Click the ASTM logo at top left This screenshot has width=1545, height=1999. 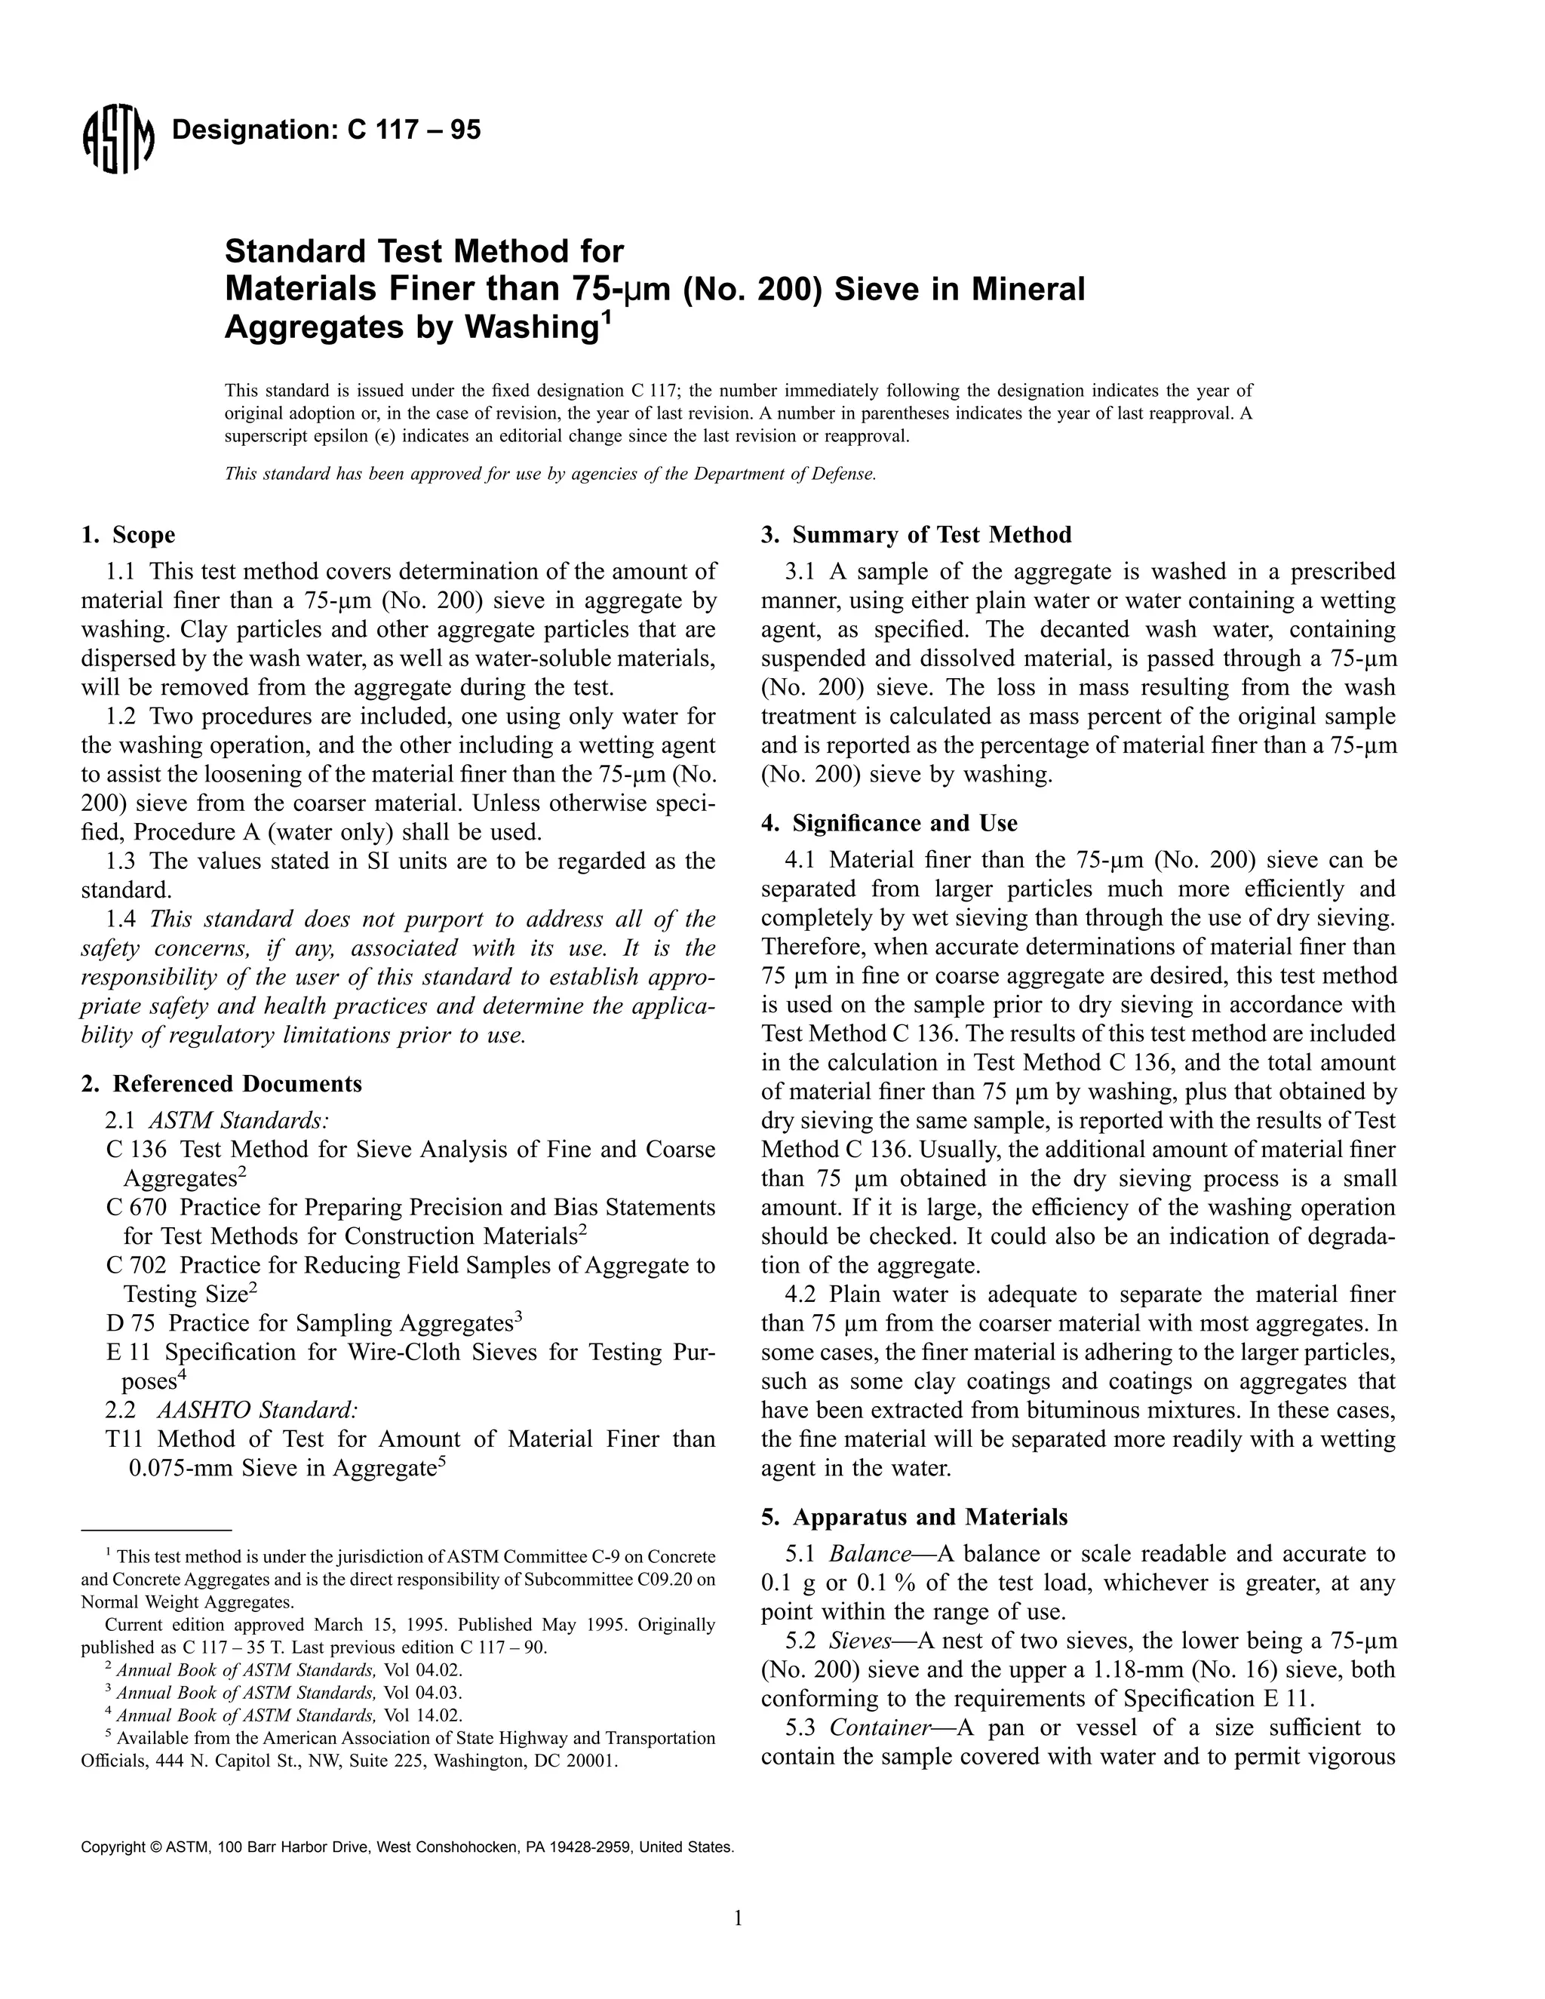point(117,142)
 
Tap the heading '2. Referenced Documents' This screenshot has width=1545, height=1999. point(222,1084)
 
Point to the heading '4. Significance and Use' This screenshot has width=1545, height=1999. point(889,823)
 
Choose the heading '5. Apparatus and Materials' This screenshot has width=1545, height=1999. point(914,1517)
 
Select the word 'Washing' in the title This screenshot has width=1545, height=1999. point(529,327)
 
